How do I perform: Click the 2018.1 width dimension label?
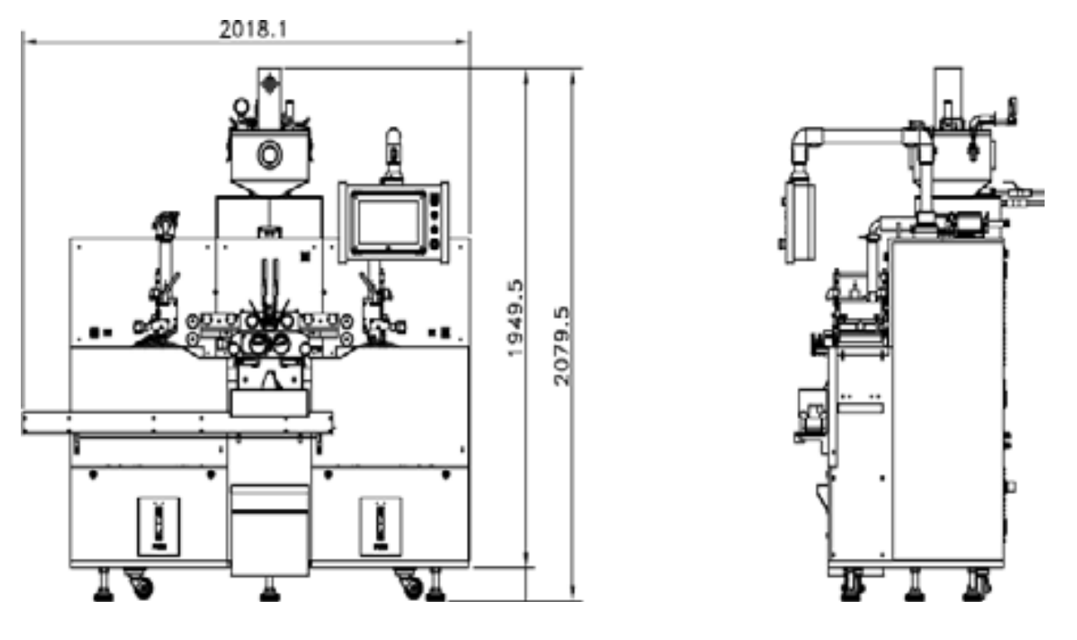pos(253,29)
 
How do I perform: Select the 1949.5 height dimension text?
pos(515,318)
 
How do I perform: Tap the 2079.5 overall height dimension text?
pos(561,346)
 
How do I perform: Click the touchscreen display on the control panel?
pos(389,222)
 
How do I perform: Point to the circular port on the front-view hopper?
pos(270,154)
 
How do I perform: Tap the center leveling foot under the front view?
pos(270,590)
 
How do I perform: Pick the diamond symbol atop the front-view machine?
pos(270,85)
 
